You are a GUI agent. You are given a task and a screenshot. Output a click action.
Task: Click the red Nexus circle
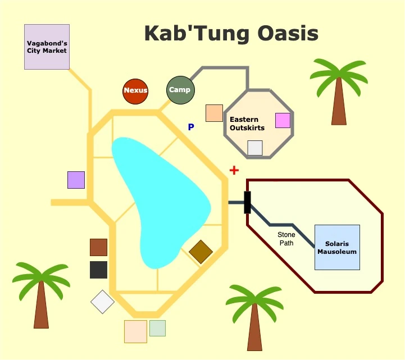tap(135, 92)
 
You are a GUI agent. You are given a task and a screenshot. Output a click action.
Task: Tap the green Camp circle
tap(180, 90)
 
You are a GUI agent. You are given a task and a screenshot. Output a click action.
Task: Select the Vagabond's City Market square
tap(47, 47)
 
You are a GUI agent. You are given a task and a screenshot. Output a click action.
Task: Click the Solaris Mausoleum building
tap(337, 248)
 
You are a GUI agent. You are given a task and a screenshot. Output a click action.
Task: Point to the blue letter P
tap(191, 127)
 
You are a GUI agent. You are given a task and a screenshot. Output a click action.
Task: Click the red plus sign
tap(234, 170)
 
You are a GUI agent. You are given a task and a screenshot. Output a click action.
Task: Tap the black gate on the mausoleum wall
tap(247, 203)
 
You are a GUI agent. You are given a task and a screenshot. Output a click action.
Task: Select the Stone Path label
tap(286, 239)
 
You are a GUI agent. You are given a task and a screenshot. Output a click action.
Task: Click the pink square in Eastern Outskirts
tap(283, 120)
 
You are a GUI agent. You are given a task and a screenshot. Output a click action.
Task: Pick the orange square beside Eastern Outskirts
tap(214, 113)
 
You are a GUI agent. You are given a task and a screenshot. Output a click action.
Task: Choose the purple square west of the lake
tap(76, 180)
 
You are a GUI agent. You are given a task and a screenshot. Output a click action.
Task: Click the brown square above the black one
tap(98, 248)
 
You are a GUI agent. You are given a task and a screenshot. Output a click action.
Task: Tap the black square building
tap(98, 270)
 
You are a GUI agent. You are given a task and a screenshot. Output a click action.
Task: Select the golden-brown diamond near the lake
tap(201, 252)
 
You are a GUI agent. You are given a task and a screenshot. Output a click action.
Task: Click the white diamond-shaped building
tap(103, 302)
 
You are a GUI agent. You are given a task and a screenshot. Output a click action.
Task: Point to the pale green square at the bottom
tap(157, 328)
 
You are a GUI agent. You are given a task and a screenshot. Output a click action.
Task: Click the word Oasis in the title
tap(288, 33)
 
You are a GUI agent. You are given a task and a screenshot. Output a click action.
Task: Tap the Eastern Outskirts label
tap(247, 124)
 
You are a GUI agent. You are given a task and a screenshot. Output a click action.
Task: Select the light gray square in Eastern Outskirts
tap(255, 148)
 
